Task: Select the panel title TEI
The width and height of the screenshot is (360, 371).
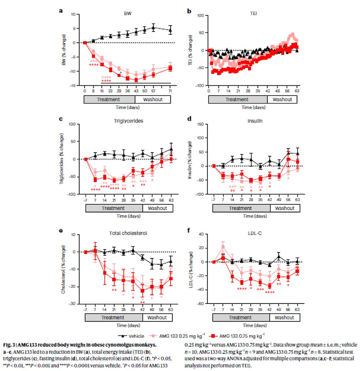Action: click(254, 14)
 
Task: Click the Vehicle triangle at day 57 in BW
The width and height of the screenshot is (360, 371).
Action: click(153, 28)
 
